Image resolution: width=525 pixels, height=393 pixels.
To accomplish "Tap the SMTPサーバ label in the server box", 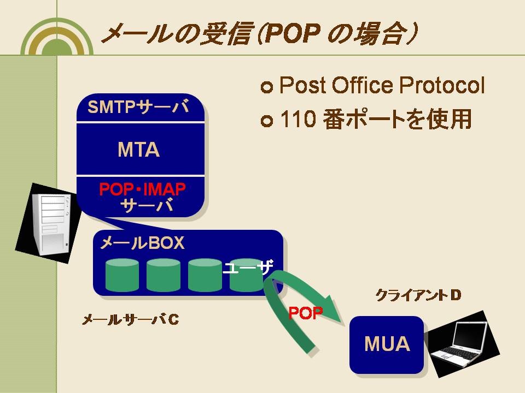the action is click(138, 107).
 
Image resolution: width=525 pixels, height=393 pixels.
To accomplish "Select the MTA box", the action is click(141, 149).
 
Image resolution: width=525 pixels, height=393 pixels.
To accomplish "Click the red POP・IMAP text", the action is click(142, 189).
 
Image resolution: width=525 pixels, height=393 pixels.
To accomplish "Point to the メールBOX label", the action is click(142, 242).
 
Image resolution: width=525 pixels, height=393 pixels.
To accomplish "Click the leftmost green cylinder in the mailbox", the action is click(122, 275).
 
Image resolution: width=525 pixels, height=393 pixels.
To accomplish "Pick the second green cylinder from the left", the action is click(164, 275).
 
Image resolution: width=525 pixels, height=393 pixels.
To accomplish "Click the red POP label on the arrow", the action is click(305, 313).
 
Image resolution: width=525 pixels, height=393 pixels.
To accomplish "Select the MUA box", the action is click(387, 344).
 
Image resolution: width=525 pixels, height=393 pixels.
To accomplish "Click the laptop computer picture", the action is click(464, 344).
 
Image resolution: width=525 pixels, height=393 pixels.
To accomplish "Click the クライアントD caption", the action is click(418, 295).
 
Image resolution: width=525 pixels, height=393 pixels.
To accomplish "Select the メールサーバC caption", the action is click(131, 320).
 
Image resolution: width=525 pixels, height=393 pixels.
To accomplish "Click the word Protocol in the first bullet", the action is click(442, 85).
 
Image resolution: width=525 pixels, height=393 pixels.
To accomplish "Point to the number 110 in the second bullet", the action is click(298, 119).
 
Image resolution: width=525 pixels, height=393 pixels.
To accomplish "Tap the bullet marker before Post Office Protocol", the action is click(267, 87).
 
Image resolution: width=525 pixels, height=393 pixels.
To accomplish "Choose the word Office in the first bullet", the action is click(362, 85).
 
